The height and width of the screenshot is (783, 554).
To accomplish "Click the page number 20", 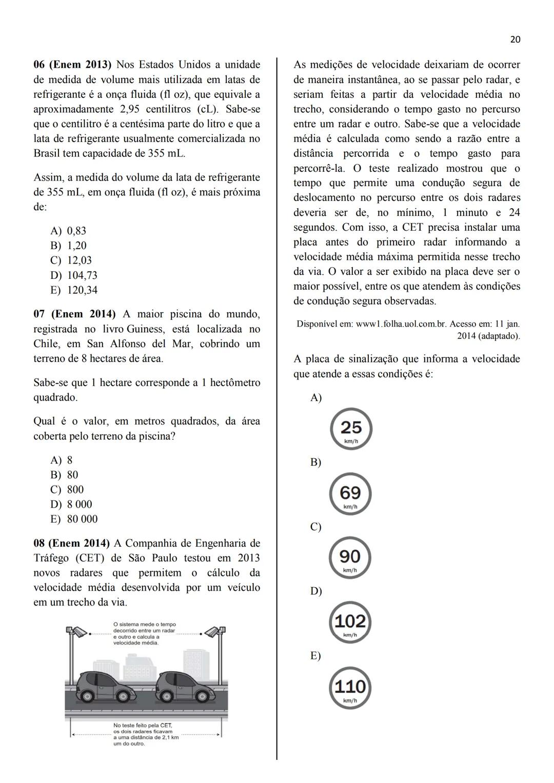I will tap(515, 39).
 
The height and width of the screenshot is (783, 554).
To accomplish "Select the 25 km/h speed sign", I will tap(351, 429).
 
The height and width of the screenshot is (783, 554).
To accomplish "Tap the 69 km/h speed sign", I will tap(350, 494).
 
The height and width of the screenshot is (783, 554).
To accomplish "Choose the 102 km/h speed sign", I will tap(350, 623).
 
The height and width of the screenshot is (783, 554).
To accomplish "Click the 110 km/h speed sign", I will tap(350, 688).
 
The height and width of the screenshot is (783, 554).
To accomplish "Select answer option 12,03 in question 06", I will tap(79, 260).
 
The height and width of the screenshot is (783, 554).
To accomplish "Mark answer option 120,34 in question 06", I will tap(82, 290).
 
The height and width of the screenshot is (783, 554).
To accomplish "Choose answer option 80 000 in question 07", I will tap(82, 519).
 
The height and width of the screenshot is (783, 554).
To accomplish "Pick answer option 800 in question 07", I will tap(75, 490).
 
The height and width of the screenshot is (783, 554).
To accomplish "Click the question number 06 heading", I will tap(72, 65).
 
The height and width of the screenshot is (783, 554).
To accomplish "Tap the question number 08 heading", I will tap(71, 543).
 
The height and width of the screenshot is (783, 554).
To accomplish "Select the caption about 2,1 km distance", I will tap(146, 734).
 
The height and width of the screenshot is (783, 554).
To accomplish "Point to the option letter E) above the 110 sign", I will tap(315, 656).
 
